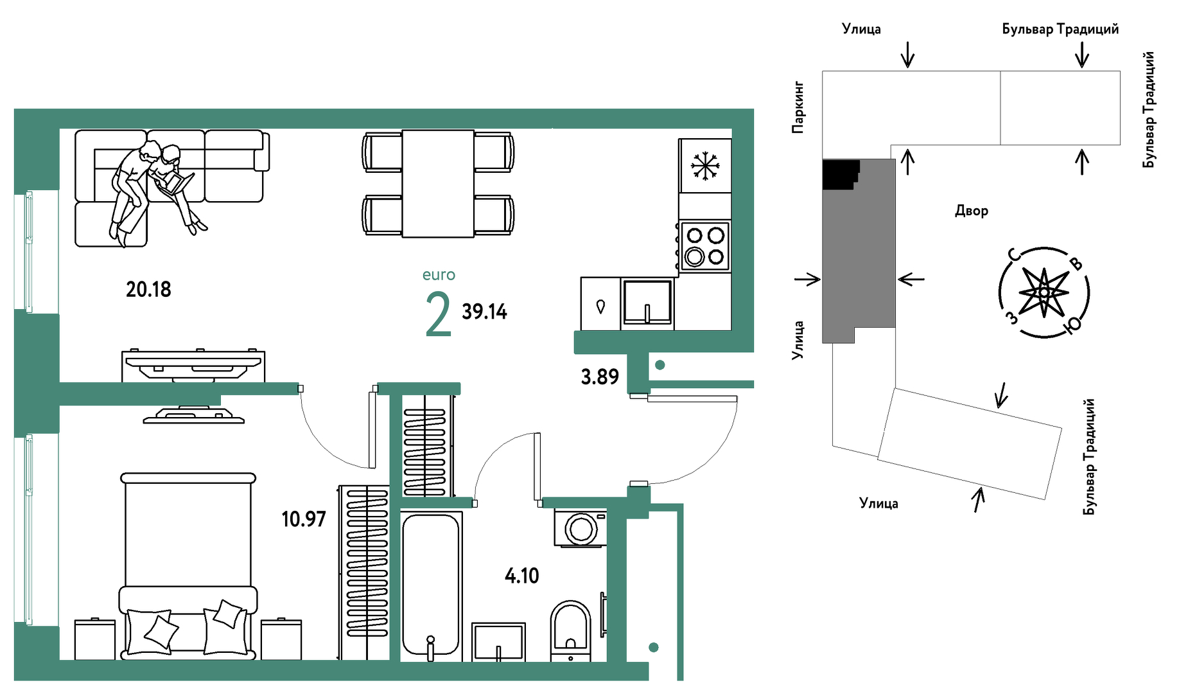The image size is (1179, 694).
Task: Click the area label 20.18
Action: point(148,289)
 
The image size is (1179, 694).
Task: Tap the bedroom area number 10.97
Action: point(304,519)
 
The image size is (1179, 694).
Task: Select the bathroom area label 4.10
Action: point(522,575)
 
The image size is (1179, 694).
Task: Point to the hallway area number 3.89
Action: point(600,377)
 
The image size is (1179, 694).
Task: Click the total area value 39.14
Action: point(484,312)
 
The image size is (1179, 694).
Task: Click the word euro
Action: point(439,275)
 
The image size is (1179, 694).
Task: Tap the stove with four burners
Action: point(704,246)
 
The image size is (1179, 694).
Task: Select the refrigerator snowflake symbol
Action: point(705,166)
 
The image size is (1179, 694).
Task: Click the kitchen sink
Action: point(647,303)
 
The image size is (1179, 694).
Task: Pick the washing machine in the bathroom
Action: point(581,528)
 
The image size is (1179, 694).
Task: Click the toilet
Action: point(570,630)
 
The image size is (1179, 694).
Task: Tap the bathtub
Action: point(431,586)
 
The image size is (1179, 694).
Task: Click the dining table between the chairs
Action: point(438,184)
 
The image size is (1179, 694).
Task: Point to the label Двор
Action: point(972,211)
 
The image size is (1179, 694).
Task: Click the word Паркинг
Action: point(798,107)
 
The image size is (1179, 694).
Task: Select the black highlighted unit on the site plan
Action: point(839,174)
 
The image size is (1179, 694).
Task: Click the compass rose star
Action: point(1044,293)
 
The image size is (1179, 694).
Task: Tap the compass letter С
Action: point(1014,255)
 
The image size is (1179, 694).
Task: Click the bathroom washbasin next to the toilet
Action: point(498,641)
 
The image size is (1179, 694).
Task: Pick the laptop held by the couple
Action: point(175,184)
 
